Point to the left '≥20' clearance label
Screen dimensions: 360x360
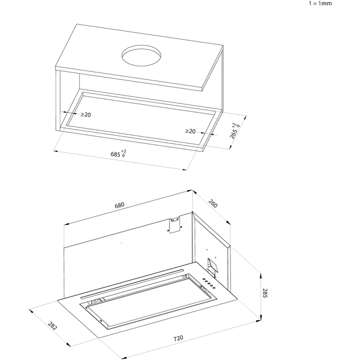coord(86,115)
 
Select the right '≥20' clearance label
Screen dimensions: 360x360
coord(191,132)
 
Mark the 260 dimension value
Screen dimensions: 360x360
coord(214,203)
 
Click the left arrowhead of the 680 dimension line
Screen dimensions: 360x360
coord(64,224)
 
